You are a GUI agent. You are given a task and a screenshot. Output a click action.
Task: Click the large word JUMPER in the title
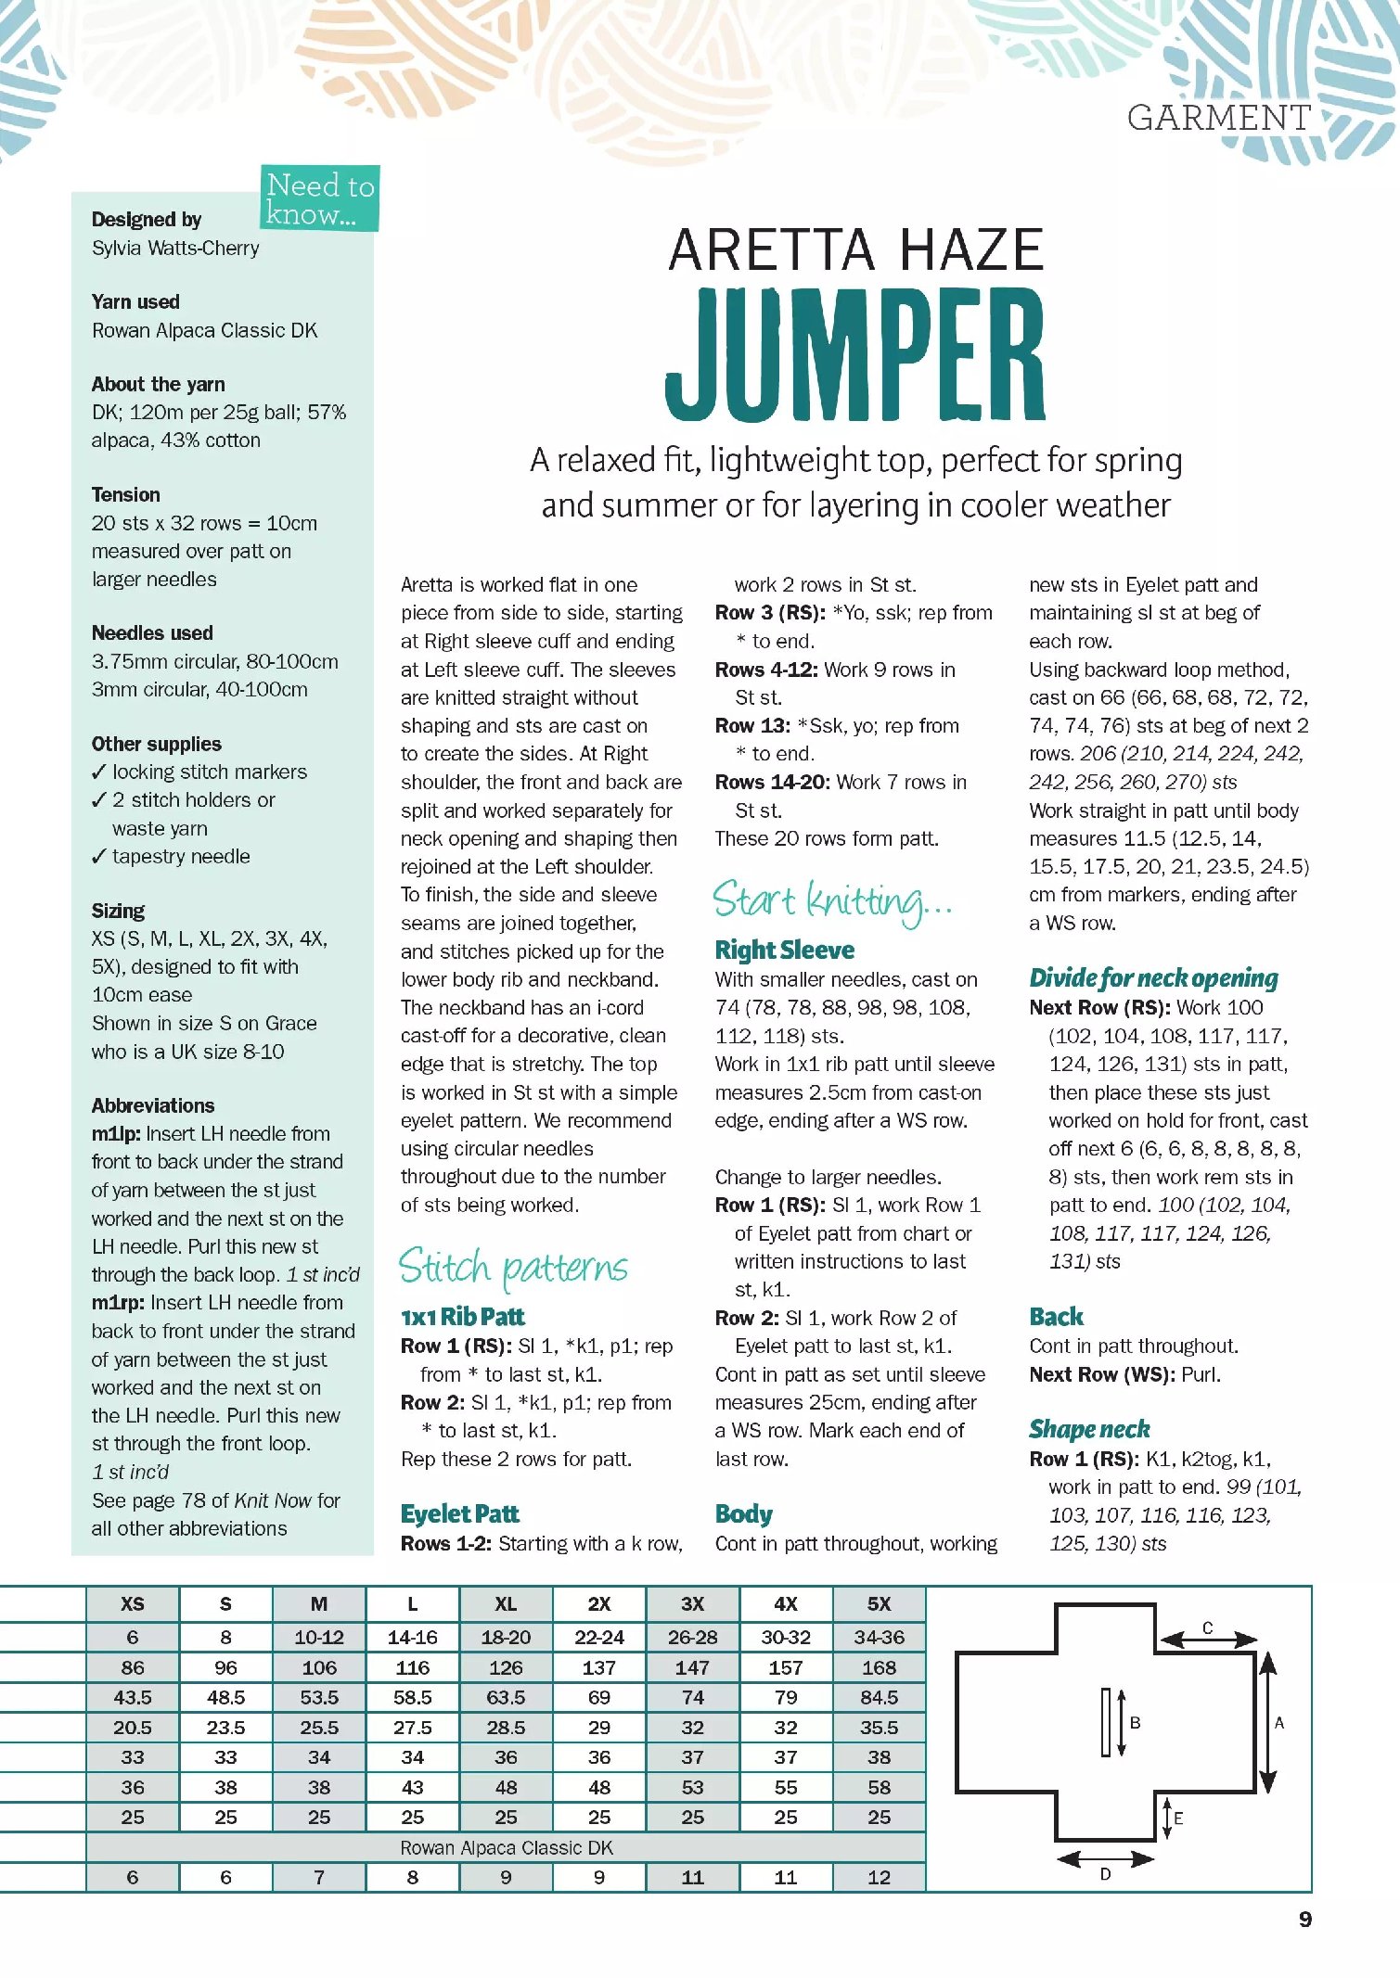point(855,354)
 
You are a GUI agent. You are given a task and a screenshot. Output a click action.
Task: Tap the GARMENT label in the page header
point(1218,118)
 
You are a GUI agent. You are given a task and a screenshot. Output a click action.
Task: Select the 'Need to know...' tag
point(320,198)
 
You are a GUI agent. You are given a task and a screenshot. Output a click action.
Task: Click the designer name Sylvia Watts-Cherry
point(175,249)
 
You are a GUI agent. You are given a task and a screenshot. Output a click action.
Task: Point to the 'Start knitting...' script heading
point(831,901)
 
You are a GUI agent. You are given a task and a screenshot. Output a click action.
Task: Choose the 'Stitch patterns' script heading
point(513,1268)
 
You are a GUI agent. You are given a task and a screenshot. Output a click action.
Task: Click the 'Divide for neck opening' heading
point(1153,978)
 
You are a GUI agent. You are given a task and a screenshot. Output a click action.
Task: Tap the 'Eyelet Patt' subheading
point(459,1514)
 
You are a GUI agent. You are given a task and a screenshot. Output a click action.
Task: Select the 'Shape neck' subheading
point(1089,1429)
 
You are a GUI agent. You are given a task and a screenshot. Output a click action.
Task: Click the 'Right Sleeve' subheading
point(784,951)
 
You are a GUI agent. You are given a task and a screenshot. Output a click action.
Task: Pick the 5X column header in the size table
point(879,1604)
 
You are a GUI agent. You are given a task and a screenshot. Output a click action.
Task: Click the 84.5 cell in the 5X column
point(879,1697)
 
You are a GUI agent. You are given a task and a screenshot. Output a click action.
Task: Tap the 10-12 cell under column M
point(319,1638)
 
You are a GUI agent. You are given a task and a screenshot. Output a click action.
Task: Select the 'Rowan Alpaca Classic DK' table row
point(506,1847)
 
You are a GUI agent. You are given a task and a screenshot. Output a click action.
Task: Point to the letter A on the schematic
point(1279,1723)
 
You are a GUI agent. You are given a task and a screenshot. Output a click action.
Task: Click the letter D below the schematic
point(1105,1874)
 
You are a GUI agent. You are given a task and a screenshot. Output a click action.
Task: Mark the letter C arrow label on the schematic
point(1208,1627)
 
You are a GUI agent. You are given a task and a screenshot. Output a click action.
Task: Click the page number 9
point(1304,1920)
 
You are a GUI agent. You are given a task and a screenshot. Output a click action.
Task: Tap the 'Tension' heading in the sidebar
point(126,494)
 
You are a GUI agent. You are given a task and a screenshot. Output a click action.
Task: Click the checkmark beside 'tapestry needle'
point(99,857)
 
